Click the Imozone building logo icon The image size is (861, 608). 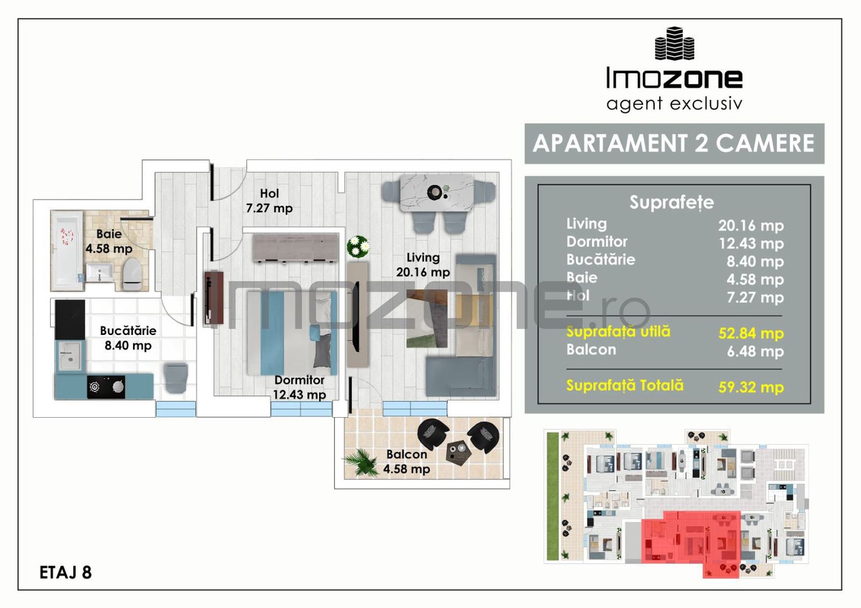(x=674, y=43)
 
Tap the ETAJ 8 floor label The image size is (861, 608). (x=65, y=572)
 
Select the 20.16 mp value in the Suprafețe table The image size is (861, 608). (x=751, y=226)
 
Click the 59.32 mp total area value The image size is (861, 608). (x=751, y=387)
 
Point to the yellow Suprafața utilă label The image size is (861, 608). (x=618, y=332)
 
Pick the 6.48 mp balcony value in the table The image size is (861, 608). (x=755, y=351)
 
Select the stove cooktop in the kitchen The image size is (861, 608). (x=106, y=387)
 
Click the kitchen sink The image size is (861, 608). (x=70, y=356)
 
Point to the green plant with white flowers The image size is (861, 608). (x=358, y=245)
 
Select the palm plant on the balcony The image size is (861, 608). (x=360, y=462)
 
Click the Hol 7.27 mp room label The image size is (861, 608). (x=269, y=201)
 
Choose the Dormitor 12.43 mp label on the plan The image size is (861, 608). (x=299, y=387)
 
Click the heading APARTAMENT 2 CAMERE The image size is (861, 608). (x=674, y=144)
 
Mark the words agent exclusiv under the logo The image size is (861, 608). (x=674, y=104)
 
